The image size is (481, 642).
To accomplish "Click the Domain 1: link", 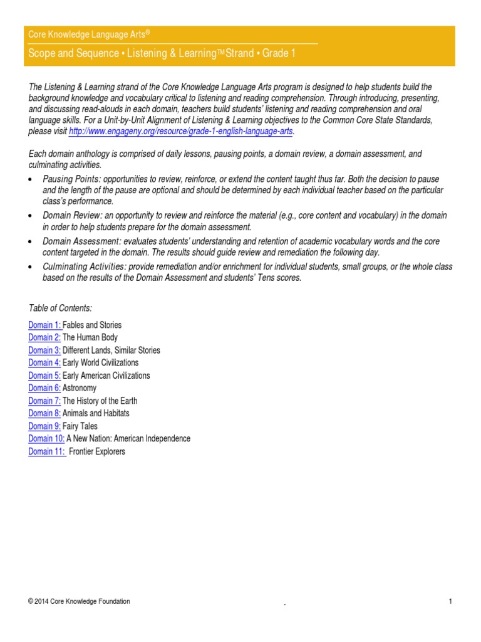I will tap(44, 325).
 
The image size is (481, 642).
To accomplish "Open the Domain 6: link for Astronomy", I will tap(44, 388).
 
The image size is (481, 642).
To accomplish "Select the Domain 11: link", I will tap(47, 451).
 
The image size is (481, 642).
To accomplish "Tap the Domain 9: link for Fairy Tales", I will tap(44, 426).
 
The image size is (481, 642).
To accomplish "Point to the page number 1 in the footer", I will tap(450, 602).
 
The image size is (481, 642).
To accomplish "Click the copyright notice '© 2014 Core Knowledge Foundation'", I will tap(80, 602).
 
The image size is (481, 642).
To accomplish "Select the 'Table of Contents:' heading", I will tap(61, 307).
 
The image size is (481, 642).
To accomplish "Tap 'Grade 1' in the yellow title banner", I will tap(279, 53).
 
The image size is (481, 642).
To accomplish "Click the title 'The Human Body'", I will tap(90, 337).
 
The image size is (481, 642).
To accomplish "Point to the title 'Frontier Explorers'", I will tap(97, 451).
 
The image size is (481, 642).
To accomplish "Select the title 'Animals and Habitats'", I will tap(96, 413).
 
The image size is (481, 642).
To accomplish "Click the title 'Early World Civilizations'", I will tap(101, 362).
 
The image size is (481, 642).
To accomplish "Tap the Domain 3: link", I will tap(44, 350).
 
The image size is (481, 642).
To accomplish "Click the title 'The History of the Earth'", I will tap(100, 401).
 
